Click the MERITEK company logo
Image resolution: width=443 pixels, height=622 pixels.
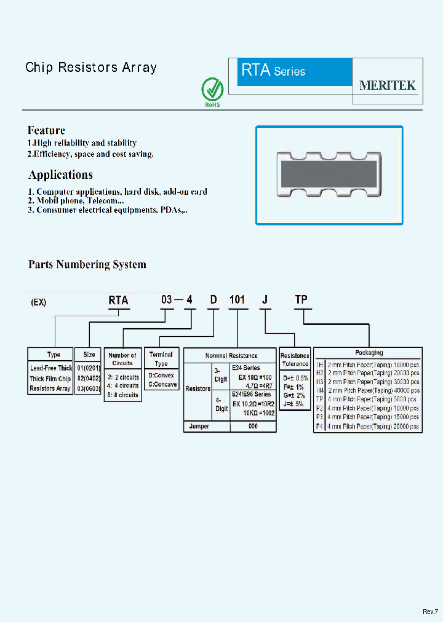coord(387,85)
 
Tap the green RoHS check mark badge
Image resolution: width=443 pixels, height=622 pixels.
coord(212,92)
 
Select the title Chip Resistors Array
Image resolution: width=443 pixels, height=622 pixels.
coord(91,68)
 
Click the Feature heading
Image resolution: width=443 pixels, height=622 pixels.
coord(46,130)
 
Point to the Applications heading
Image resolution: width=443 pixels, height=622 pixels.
coord(60,175)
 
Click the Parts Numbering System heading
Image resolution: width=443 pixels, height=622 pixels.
coord(87,265)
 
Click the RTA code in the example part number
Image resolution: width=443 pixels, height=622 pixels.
coord(118,300)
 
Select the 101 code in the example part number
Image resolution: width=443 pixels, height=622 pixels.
coord(237,300)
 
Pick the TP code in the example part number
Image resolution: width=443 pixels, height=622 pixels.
coord(301,300)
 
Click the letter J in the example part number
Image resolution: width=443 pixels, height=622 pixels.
coord(265,300)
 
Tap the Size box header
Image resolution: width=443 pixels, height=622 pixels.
coord(89,355)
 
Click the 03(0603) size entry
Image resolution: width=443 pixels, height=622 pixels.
coord(89,388)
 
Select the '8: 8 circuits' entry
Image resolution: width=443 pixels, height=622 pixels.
coord(123,395)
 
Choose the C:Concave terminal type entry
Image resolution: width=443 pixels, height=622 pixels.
coord(162,384)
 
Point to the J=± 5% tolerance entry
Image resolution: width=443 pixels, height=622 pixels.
coord(295,404)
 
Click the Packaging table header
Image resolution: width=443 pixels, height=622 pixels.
coord(369,353)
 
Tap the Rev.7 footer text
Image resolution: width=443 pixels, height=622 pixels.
coord(430,611)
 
